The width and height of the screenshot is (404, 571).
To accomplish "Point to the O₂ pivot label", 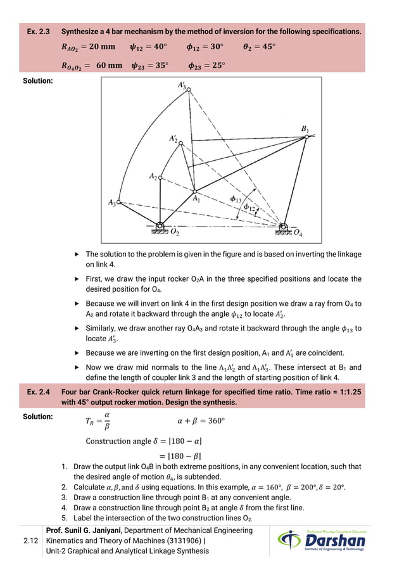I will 174,233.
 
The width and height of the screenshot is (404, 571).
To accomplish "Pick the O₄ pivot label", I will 297,233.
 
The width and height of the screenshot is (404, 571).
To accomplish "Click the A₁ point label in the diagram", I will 196,198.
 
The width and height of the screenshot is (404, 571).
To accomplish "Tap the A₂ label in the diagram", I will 153,176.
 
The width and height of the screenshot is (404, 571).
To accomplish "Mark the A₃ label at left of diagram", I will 112,203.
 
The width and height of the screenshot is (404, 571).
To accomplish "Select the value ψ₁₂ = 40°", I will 148,47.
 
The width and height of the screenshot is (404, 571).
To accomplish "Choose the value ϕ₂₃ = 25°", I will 206,65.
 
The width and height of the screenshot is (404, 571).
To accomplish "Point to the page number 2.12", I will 23,541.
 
